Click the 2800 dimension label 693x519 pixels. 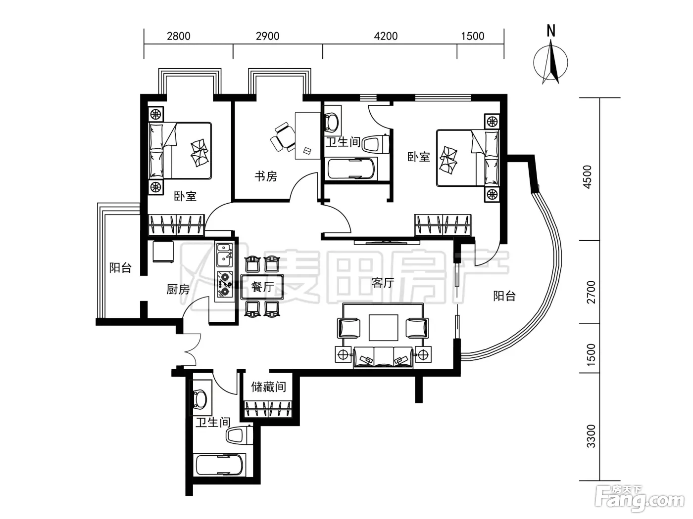[x=178, y=36]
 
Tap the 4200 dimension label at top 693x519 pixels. [x=386, y=36]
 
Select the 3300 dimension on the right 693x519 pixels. [x=591, y=436]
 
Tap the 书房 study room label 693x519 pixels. [x=266, y=176]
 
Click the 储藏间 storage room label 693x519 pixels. [x=268, y=387]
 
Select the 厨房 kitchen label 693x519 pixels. [x=178, y=289]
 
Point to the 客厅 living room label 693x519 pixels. [x=383, y=283]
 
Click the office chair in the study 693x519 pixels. [x=282, y=137]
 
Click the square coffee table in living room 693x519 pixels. [x=383, y=327]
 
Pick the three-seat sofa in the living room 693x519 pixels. [x=383, y=357]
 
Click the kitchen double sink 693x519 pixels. [x=224, y=255]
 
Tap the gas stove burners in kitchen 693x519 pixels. [x=224, y=284]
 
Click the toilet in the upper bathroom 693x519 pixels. [x=376, y=144]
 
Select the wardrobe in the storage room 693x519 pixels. [x=268, y=409]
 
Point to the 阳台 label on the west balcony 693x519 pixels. [x=120, y=267]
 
